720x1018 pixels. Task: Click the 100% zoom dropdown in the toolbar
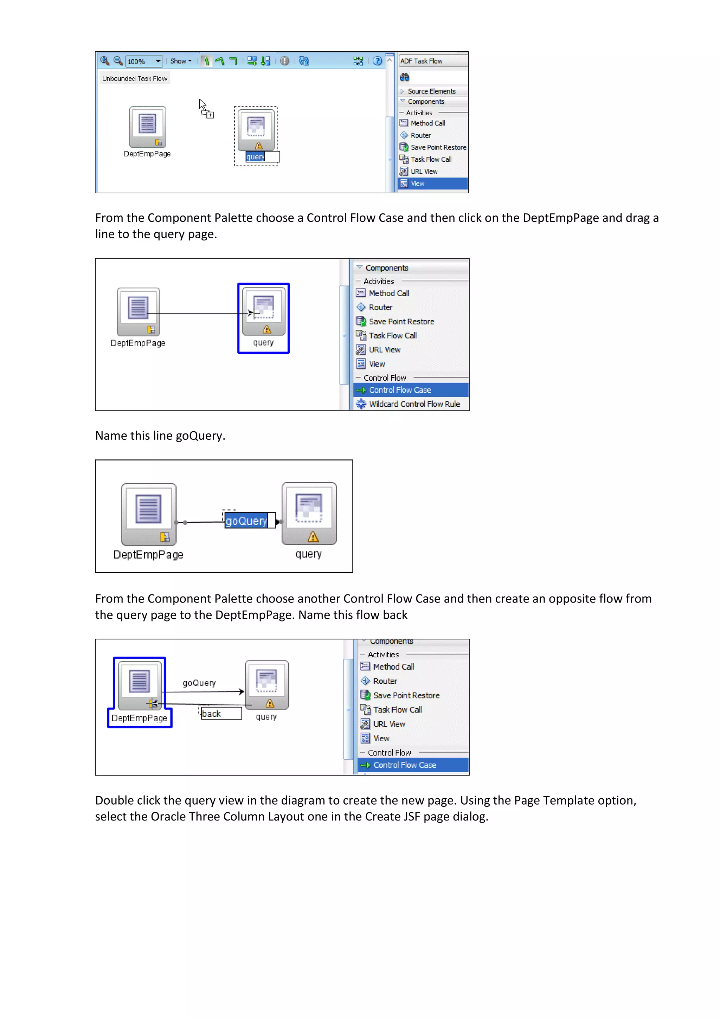point(144,61)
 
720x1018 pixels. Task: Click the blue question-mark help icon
point(377,61)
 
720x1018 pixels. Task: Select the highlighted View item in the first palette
point(433,183)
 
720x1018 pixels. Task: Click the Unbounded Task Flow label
point(135,78)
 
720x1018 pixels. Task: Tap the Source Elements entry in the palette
point(431,91)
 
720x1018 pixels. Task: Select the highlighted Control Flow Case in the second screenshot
point(411,390)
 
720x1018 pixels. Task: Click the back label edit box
point(221,713)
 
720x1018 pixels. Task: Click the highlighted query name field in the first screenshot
point(263,156)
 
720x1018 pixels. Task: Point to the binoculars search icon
point(404,77)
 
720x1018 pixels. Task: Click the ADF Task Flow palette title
point(421,61)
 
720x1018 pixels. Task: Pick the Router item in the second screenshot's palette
point(380,307)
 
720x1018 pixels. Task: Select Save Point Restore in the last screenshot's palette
point(406,695)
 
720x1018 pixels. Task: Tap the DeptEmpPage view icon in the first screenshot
point(148,127)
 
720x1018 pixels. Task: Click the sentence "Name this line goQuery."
point(160,436)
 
